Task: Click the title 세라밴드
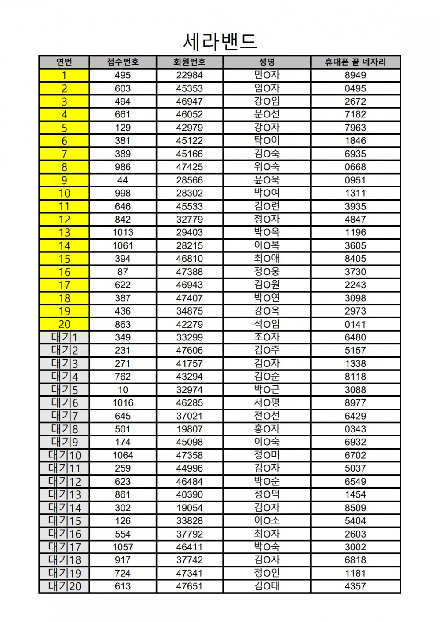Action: point(220,41)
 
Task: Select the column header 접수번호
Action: point(123,62)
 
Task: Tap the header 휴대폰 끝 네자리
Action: point(355,62)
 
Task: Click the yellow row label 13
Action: point(64,233)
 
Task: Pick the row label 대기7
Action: point(64,416)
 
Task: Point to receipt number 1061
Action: point(123,246)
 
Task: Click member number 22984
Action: point(190,75)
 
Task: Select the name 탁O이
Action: point(267,141)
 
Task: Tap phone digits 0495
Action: point(355,88)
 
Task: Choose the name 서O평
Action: point(267,403)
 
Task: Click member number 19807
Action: point(190,429)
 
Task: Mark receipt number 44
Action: point(123,180)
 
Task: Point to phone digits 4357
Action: point(355,586)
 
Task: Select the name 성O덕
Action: point(267,494)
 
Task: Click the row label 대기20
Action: point(64,586)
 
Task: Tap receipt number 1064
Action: point(123,455)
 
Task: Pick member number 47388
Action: point(190,272)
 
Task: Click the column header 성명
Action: point(267,62)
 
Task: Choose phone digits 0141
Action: point(355,325)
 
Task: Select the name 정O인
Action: point(267,573)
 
